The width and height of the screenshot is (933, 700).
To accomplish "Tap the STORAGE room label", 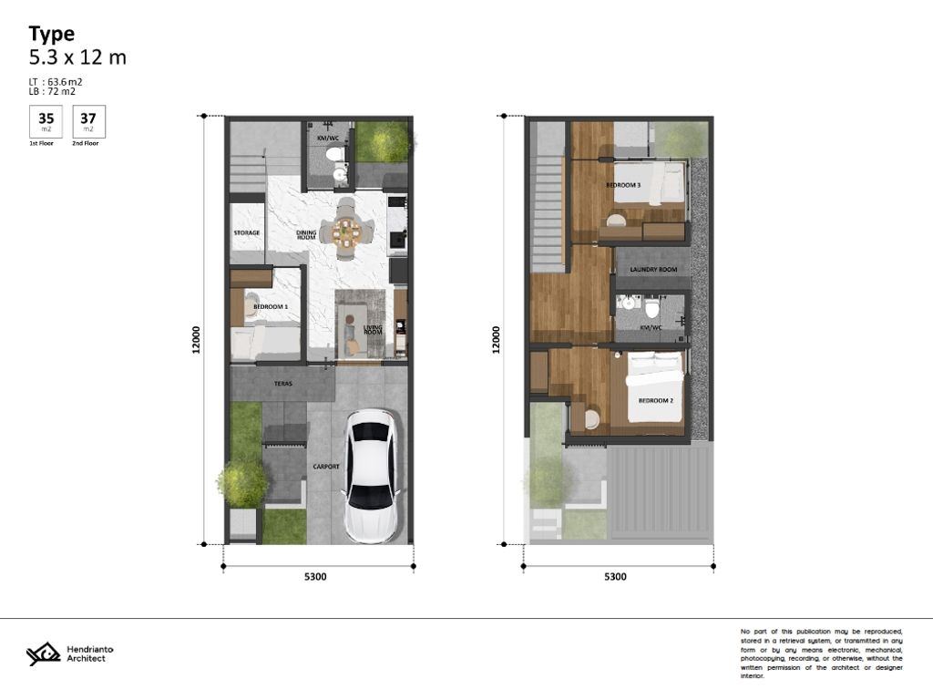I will click(x=247, y=233).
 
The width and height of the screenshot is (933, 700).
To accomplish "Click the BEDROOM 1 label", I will click(x=271, y=307).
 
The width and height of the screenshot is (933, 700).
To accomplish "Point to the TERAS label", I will click(x=282, y=384).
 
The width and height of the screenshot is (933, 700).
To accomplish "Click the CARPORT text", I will click(x=326, y=467).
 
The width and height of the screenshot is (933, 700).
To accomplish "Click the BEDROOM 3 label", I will click(x=623, y=186).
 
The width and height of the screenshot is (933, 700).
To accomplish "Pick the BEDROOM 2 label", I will click(x=655, y=401).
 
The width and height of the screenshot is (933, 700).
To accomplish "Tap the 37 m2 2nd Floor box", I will click(x=88, y=121).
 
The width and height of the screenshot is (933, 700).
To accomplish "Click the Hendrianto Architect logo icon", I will click(x=42, y=654).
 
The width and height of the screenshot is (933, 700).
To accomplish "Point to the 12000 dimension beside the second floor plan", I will click(x=497, y=340).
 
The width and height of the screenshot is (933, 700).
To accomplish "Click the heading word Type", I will click(x=51, y=34).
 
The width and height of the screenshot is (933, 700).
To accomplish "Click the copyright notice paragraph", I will click(x=822, y=654).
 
